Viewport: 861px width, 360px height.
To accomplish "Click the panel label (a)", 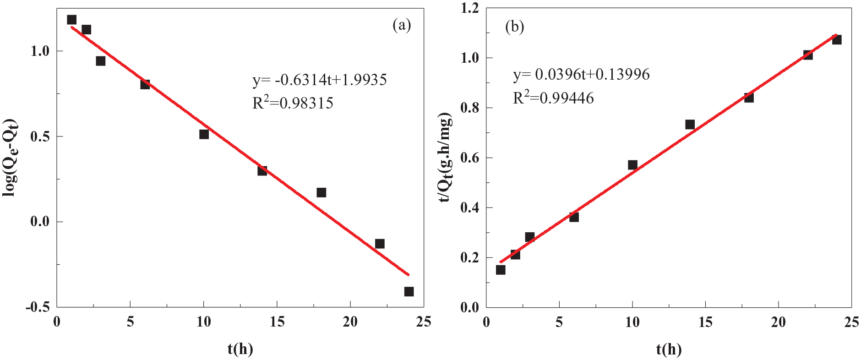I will click(402, 25).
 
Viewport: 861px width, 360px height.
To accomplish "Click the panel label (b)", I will click(514, 27).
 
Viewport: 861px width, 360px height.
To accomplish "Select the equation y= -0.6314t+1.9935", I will click(320, 80).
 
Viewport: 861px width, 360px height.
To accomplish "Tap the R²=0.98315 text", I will click(293, 103).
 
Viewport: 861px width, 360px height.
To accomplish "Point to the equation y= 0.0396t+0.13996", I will click(581, 74).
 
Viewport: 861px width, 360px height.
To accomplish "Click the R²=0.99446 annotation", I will click(553, 98).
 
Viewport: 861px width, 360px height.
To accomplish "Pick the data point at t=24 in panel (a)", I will click(409, 291).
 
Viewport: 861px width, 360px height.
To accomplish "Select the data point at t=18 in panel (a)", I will click(321, 192).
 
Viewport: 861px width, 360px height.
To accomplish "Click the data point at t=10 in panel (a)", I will click(204, 134).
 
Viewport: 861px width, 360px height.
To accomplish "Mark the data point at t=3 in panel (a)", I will click(101, 61).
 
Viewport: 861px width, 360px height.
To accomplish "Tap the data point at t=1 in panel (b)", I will click(501, 270).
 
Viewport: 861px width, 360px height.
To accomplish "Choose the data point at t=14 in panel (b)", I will click(690, 125).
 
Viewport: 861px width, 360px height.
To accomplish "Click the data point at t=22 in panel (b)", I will click(808, 55).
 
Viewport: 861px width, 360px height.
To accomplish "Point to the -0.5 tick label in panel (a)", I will click(38, 307).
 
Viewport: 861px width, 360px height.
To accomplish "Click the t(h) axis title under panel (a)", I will click(240, 349).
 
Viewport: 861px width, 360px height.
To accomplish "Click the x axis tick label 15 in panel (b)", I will click(705, 322).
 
